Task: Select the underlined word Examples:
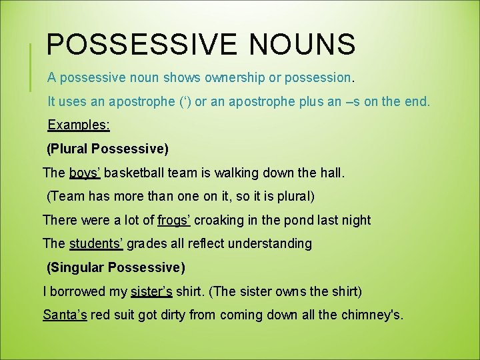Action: [x=79, y=125]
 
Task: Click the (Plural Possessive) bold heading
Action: [x=107, y=148]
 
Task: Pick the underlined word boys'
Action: [x=85, y=173]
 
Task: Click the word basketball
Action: [x=136, y=173]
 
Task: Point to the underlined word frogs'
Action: [x=175, y=220]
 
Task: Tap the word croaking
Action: [x=222, y=220]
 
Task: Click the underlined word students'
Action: [x=96, y=243]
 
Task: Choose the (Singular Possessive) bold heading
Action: [x=115, y=268]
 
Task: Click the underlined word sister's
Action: [x=151, y=291]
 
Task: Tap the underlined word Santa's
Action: [x=65, y=315]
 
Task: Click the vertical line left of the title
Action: [x=31, y=67]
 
